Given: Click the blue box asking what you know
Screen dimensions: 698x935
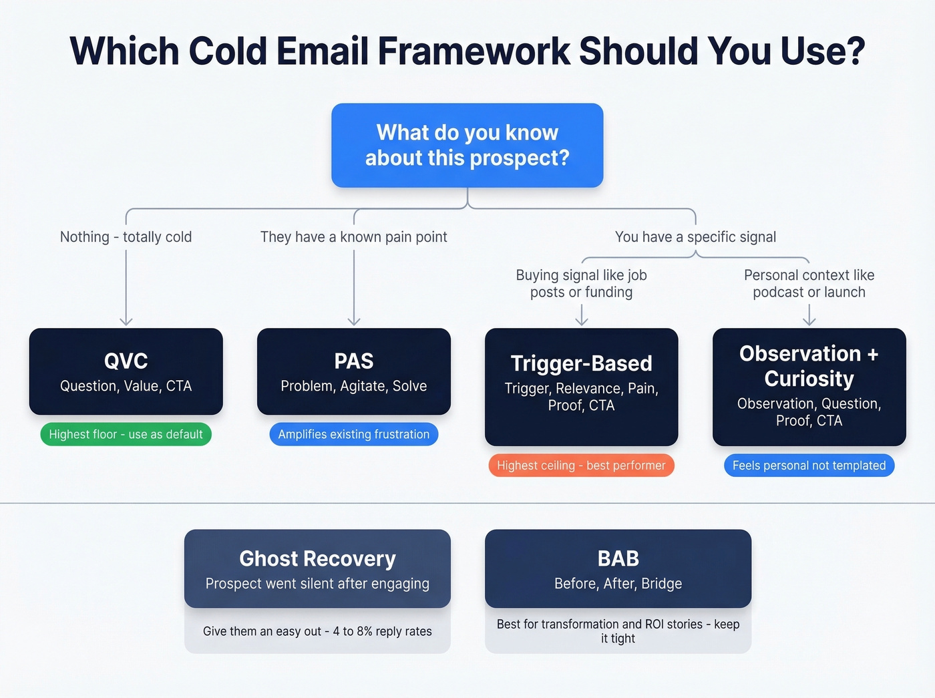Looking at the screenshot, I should pos(467,145).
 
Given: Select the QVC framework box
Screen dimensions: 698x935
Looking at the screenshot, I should pos(126,371).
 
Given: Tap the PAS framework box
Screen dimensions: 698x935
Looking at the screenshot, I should pos(353,371).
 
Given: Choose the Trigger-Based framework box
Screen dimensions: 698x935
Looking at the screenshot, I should pos(581,386).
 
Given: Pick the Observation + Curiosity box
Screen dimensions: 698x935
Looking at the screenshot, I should pos(809,386).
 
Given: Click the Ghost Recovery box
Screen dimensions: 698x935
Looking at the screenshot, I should pos(317,568).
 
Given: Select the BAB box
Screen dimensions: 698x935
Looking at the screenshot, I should pos(618,568).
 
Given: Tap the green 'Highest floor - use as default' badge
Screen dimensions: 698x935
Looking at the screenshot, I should pos(126,434).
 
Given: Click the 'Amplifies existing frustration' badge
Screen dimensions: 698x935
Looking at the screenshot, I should pos(353,434).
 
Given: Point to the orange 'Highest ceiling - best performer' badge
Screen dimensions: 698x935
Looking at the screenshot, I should pos(581,466).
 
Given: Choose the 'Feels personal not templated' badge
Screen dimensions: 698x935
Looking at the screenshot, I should pos(809,466).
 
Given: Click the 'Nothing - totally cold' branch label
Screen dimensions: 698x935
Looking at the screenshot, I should pos(126,237).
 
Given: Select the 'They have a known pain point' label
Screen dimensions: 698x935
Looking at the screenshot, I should pos(353,237).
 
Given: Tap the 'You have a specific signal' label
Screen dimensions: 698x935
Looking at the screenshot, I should pos(695,237).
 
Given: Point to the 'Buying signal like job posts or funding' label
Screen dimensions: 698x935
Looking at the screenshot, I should pos(581,283).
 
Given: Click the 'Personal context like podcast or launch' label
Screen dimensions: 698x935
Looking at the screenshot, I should pos(809,283).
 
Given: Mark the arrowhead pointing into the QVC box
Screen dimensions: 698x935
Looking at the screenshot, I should pos(126,321).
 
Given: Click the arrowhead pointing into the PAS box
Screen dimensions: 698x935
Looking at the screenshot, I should pos(353,321).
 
